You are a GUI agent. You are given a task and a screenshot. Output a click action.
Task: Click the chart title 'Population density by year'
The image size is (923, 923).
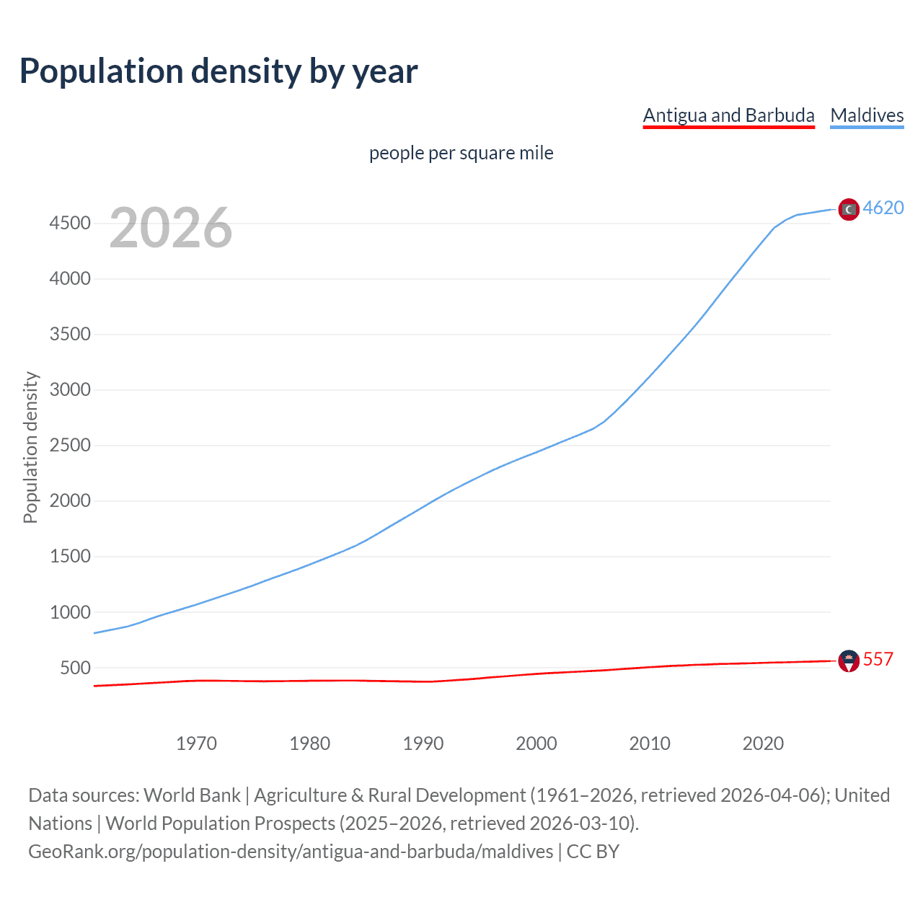pyautogui.click(x=218, y=71)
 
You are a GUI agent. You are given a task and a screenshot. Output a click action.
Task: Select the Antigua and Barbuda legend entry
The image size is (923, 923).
pyautogui.click(x=728, y=115)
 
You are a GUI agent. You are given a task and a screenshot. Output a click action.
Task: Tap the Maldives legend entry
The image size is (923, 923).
pyautogui.click(x=867, y=115)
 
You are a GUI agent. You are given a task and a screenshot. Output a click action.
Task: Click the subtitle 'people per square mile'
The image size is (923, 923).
pyautogui.click(x=461, y=153)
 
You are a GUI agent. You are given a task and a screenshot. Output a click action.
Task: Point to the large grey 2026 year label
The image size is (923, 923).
pyautogui.click(x=171, y=228)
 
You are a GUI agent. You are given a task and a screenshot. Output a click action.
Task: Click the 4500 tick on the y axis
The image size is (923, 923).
pyautogui.click(x=70, y=224)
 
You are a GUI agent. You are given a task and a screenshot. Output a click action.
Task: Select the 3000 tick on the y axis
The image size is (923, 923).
pyautogui.click(x=70, y=390)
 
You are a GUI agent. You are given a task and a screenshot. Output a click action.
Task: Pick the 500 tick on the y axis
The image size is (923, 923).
pyautogui.click(x=75, y=668)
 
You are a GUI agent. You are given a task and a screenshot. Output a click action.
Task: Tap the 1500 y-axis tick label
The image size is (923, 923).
pyautogui.click(x=70, y=557)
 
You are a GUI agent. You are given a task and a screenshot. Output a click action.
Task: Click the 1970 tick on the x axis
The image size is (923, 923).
pyautogui.click(x=196, y=743)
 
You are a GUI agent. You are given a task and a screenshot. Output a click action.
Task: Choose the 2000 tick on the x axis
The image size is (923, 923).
pyautogui.click(x=536, y=743)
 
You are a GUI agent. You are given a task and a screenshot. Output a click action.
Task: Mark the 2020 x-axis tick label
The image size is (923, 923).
pyautogui.click(x=763, y=743)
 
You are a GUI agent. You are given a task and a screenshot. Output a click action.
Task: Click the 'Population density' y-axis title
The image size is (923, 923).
pyautogui.click(x=30, y=447)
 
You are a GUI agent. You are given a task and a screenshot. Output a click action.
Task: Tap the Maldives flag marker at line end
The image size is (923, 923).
pyautogui.click(x=849, y=209)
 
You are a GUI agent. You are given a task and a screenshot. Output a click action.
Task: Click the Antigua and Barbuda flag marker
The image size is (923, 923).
pyautogui.click(x=849, y=661)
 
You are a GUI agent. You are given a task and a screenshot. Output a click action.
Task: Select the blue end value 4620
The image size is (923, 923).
pyautogui.click(x=883, y=208)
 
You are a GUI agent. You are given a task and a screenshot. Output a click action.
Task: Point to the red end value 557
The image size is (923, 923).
pyautogui.click(x=878, y=659)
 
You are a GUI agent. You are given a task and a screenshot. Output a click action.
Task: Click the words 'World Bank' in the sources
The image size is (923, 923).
pyautogui.click(x=192, y=795)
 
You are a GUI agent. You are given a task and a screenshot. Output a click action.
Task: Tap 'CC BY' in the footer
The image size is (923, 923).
pyautogui.click(x=593, y=852)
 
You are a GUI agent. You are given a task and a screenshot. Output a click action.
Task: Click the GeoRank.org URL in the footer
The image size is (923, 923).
pyautogui.click(x=291, y=852)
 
